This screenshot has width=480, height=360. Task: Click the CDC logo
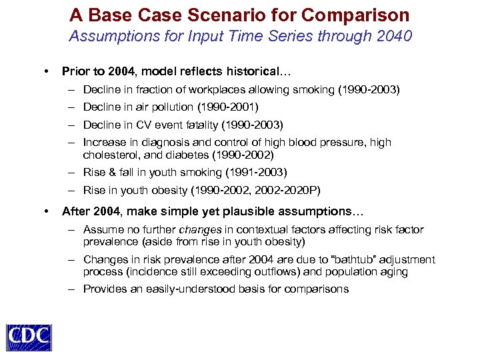[29, 337]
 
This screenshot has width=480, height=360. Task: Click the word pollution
[171, 107]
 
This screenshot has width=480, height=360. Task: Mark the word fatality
[201, 125]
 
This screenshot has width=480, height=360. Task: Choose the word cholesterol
[109, 155]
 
